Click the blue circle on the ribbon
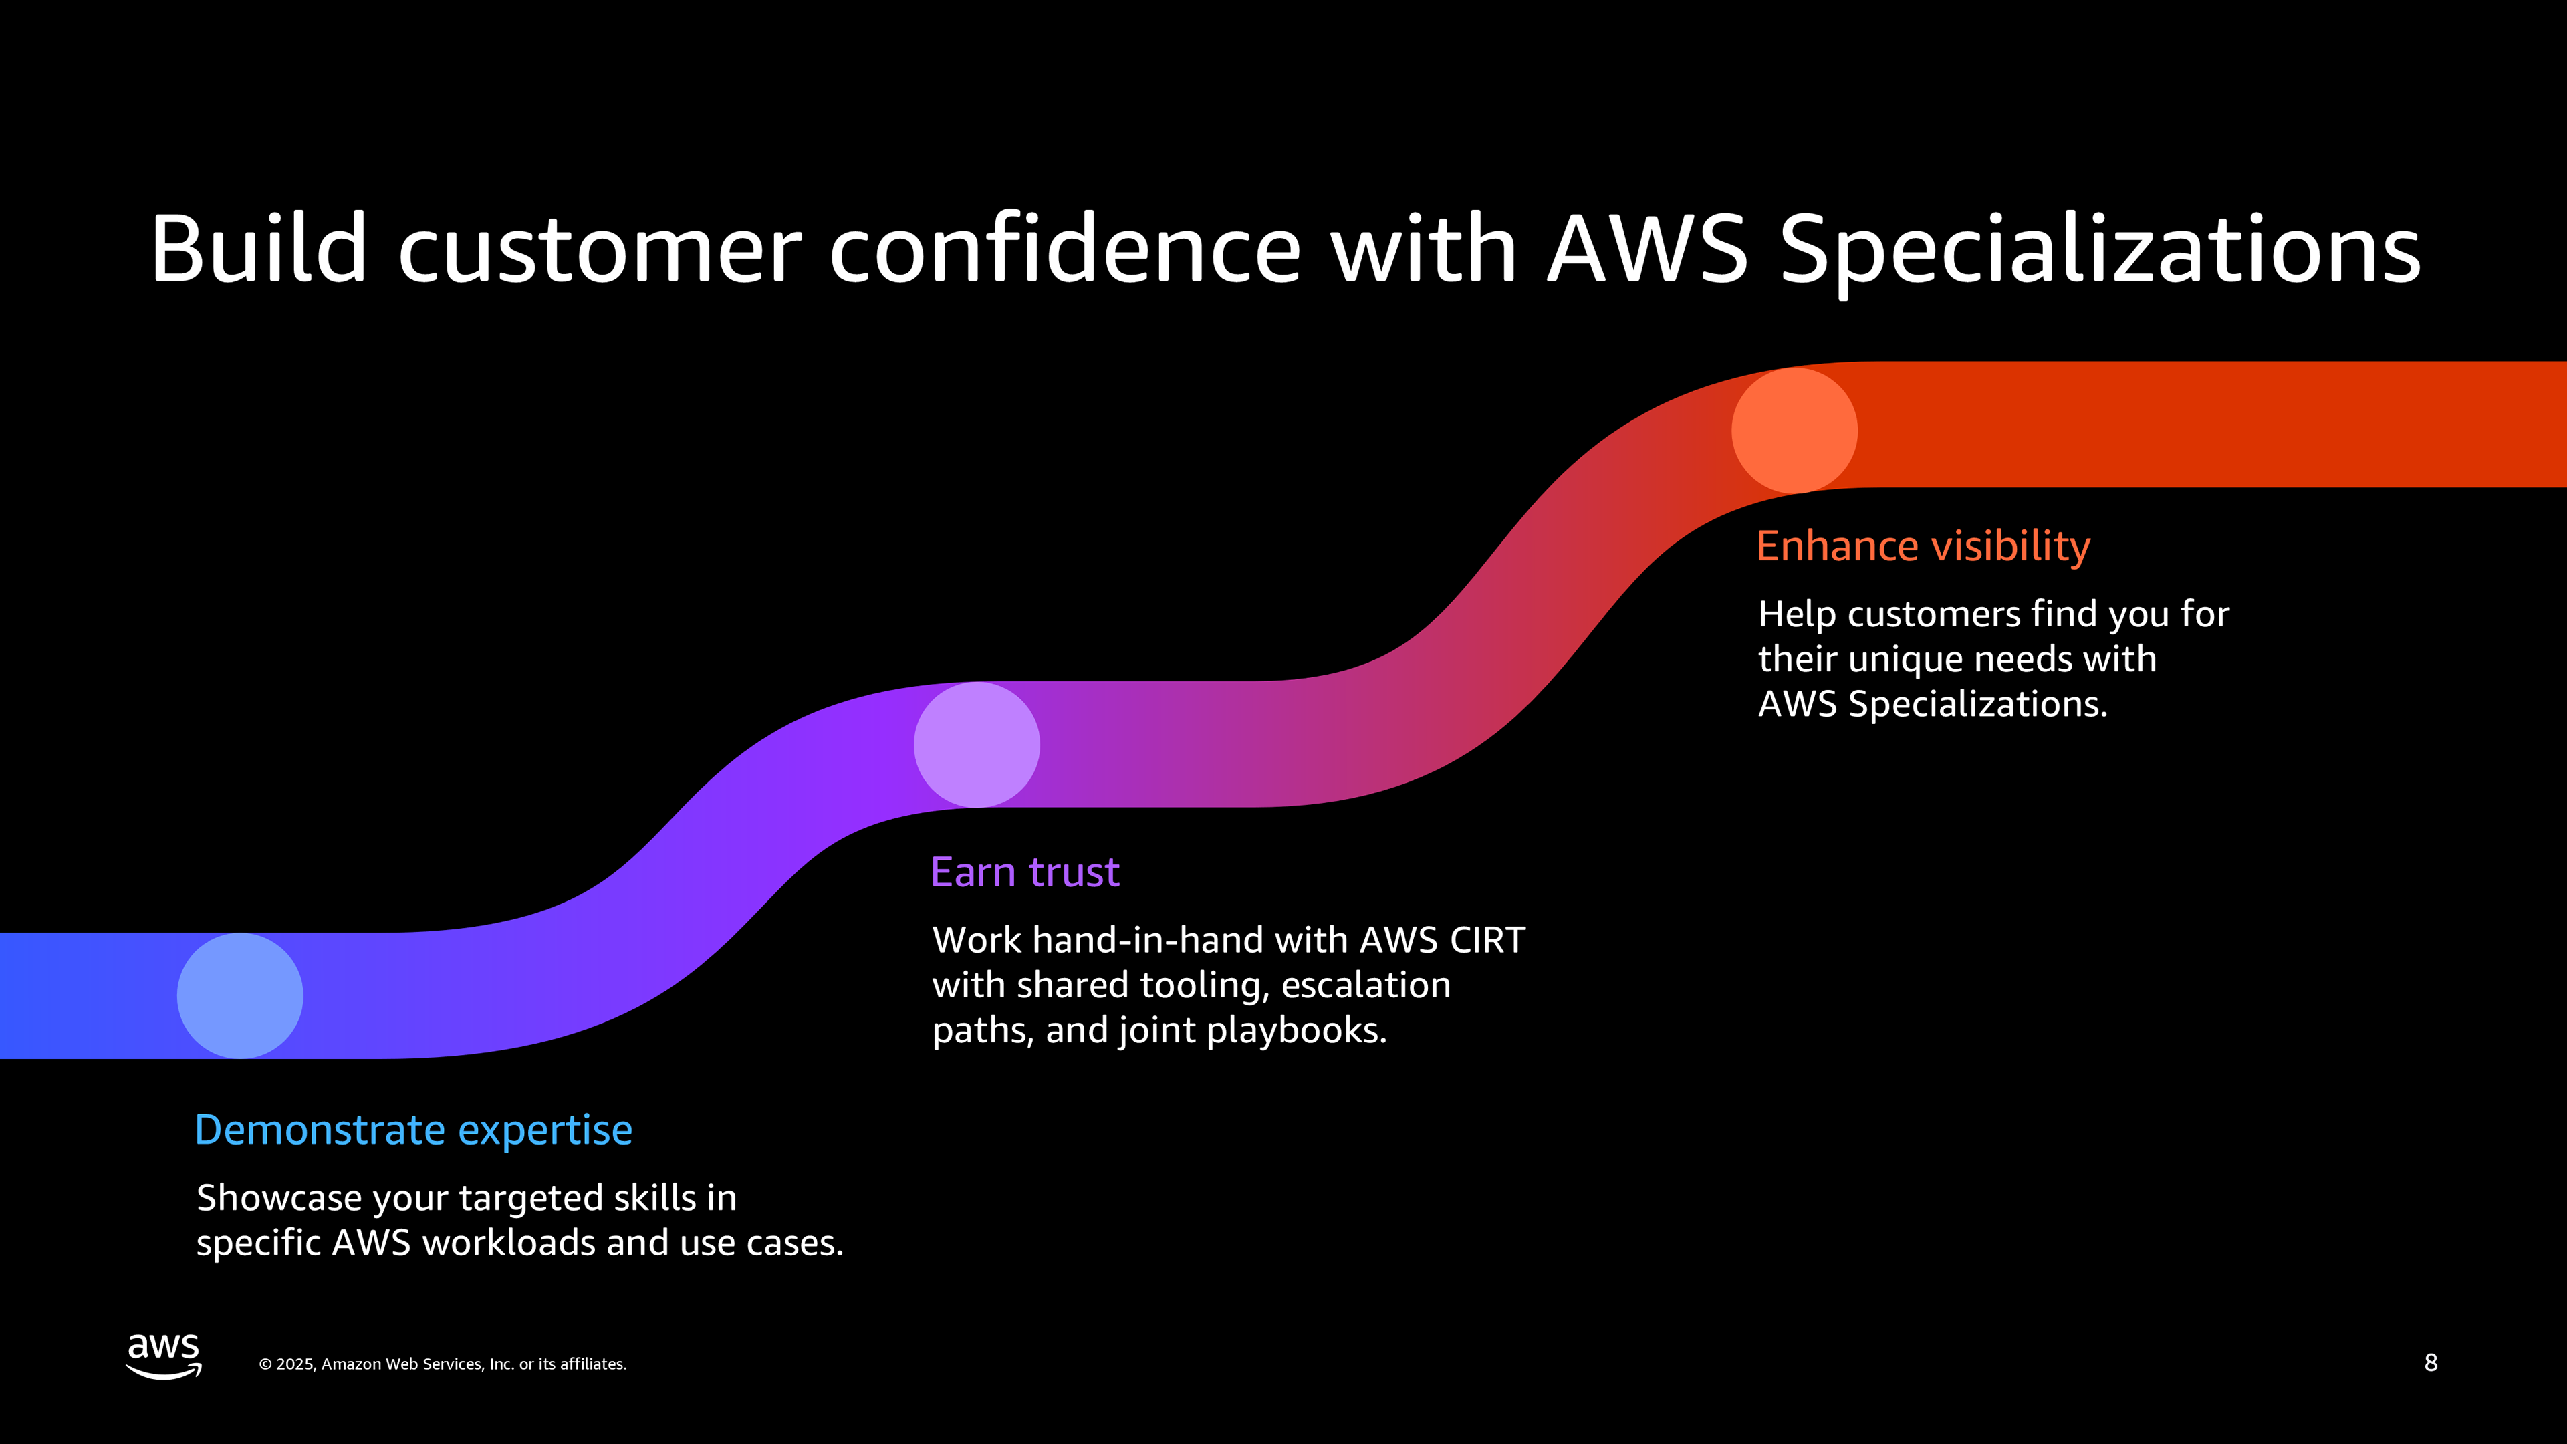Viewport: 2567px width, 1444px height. point(240,995)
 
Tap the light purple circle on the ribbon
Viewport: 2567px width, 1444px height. point(977,745)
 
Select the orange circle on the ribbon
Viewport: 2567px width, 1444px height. point(1794,431)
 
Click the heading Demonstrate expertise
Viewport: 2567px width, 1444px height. point(414,1130)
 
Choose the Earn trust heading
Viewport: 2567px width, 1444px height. point(1024,872)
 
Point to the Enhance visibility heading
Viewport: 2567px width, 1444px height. point(1923,546)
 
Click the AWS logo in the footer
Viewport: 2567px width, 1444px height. point(163,1355)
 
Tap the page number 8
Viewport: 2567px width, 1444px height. point(2431,1363)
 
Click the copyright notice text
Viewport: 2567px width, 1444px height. point(443,1364)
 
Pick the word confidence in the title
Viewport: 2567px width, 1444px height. point(1064,249)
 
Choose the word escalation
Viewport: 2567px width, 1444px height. point(1365,985)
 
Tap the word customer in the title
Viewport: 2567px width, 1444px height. point(600,249)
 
